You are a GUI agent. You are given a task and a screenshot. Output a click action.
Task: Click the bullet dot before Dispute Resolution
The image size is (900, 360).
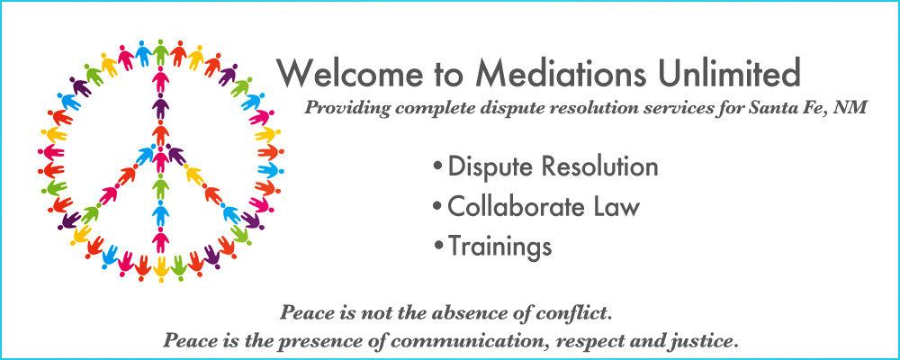438,167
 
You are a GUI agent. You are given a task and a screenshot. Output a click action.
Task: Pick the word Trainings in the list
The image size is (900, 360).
499,247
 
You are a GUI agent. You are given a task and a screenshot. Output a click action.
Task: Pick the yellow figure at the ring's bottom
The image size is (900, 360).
161,269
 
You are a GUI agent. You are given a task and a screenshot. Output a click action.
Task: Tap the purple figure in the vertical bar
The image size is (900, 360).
161,106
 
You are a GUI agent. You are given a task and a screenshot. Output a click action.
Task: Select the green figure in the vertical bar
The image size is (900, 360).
161,186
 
